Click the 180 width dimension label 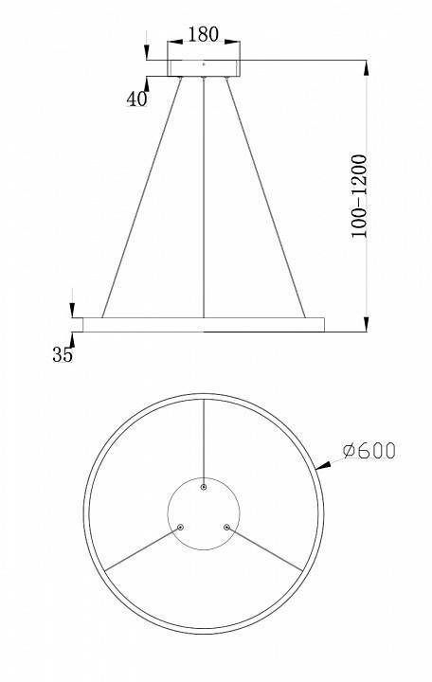pyautogui.click(x=203, y=34)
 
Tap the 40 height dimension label pyautogui.click(x=137, y=98)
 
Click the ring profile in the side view pyautogui.click(x=203, y=324)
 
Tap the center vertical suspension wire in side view pyautogui.click(x=204, y=199)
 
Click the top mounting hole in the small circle pyautogui.click(x=204, y=487)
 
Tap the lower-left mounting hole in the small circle pyautogui.click(x=183, y=526)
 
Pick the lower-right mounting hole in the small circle pyautogui.click(x=225, y=526)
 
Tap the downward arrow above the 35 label pyautogui.click(x=73, y=309)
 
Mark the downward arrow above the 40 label pyautogui.click(x=147, y=47)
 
